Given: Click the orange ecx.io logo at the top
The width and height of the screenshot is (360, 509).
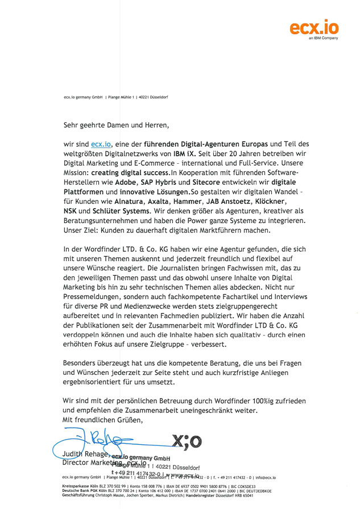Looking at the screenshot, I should (314, 26).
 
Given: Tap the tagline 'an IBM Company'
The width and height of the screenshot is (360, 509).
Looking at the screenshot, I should (323, 39).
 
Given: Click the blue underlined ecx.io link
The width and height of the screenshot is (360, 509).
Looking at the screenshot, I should (101, 144).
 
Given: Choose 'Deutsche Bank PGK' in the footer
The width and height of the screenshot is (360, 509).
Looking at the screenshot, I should (77, 491).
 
